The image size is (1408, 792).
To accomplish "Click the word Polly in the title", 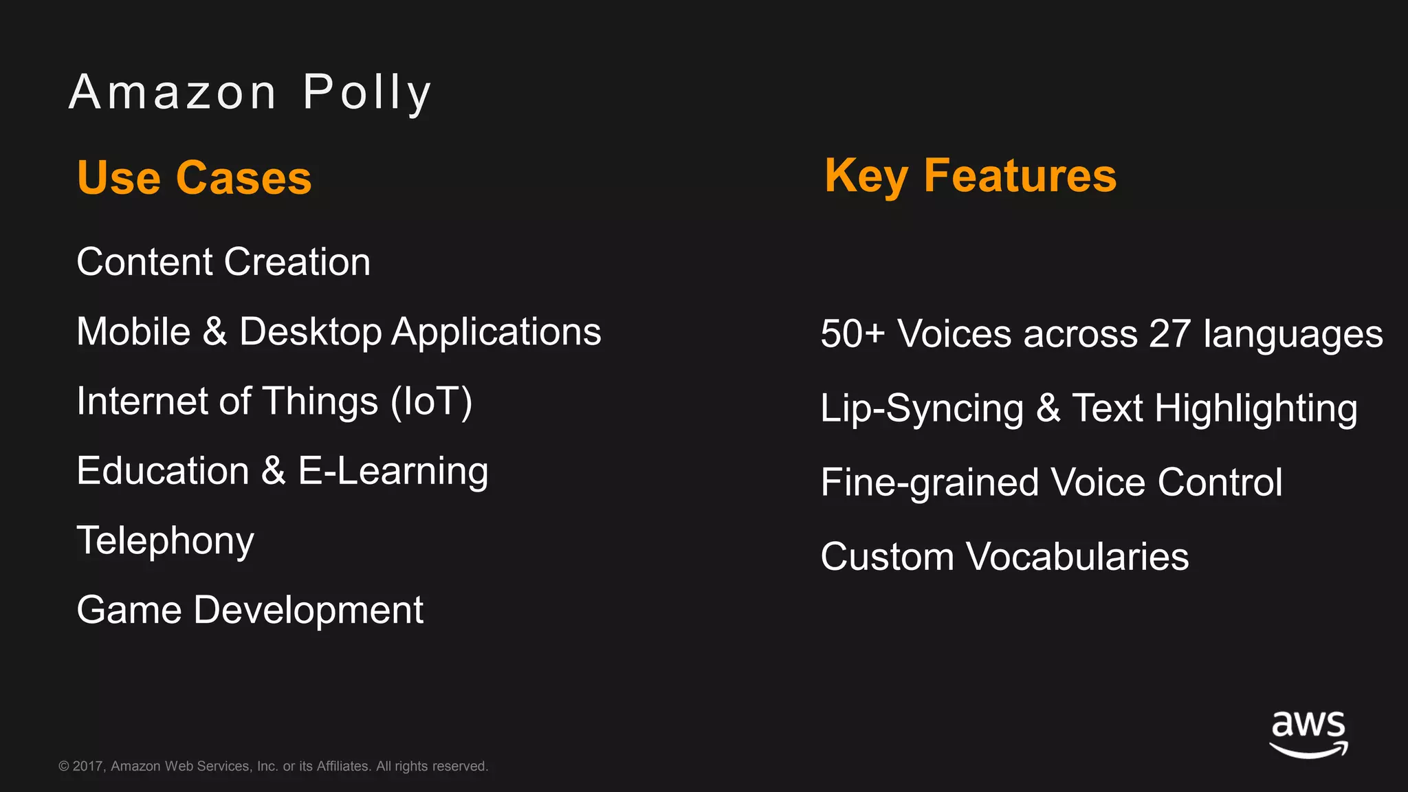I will click(367, 93).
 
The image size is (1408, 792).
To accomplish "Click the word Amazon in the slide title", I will click(173, 93).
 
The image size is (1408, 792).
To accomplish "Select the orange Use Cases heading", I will click(195, 178).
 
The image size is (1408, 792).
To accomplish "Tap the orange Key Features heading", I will click(970, 176).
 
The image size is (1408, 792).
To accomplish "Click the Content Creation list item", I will click(223, 262).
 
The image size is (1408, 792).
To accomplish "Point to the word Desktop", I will click(310, 332).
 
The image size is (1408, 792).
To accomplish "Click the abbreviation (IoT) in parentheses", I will click(432, 401).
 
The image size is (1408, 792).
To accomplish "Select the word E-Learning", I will click(393, 472).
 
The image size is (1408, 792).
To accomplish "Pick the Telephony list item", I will click(165, 541).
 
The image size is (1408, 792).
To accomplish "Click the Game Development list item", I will click(250, 610).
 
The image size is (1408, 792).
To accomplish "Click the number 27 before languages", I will click(1169, 334).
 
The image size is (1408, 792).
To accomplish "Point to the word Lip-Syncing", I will click(922, 408).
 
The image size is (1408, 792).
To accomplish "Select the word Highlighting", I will click(1256, 408).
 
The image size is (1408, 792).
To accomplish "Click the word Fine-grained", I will click(929, 483).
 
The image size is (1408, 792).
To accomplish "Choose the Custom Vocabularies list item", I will click(1004, 557).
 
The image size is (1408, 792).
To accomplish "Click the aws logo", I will click(1308, 734).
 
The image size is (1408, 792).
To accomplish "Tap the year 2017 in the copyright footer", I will click(88, 767).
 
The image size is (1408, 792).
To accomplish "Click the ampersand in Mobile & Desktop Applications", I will click(214, 331).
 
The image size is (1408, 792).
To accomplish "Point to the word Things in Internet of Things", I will click(320, 401).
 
